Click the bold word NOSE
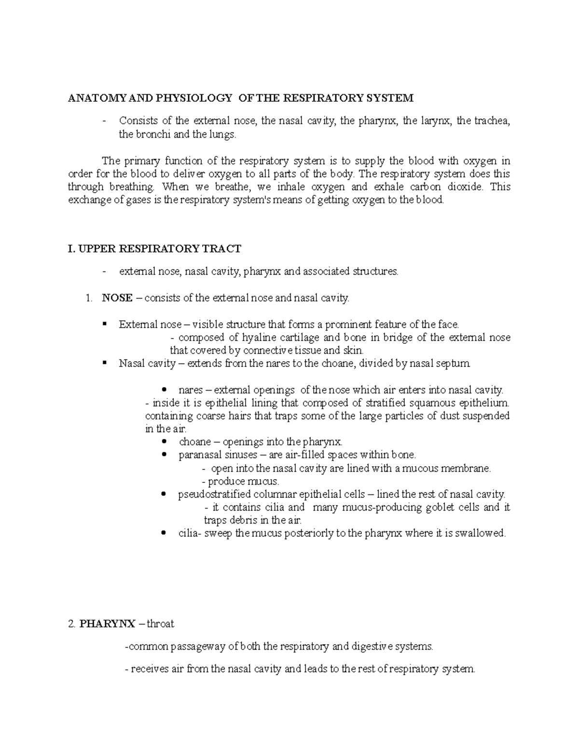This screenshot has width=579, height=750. [x=117, y=298]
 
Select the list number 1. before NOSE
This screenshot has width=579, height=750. [x=88, y=298]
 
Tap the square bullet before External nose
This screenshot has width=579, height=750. [x=105, y=324]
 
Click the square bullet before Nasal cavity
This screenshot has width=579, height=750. [x=105, y=363]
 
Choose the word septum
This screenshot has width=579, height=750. [x=455, y=363]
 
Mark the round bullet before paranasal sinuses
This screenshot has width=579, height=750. [x=165, y=454]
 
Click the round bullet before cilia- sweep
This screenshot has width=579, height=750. [x=165, y=533]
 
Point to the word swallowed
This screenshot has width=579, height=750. [x=482, y=534]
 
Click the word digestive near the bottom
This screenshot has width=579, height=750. [x=375, y=647]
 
